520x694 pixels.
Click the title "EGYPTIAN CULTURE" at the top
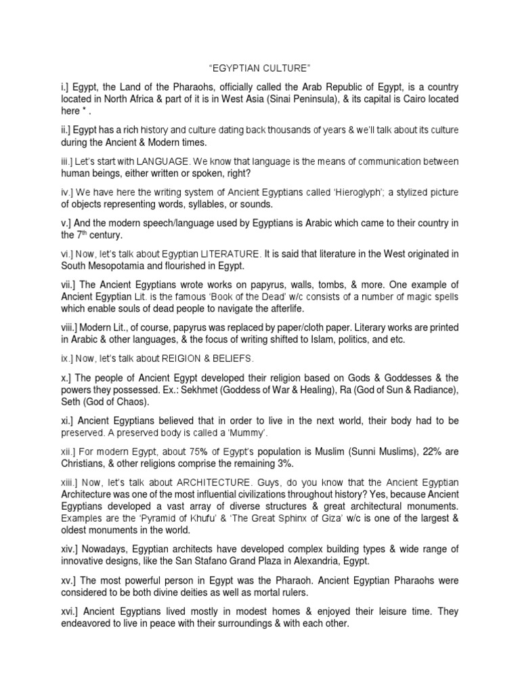(259, 68)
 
